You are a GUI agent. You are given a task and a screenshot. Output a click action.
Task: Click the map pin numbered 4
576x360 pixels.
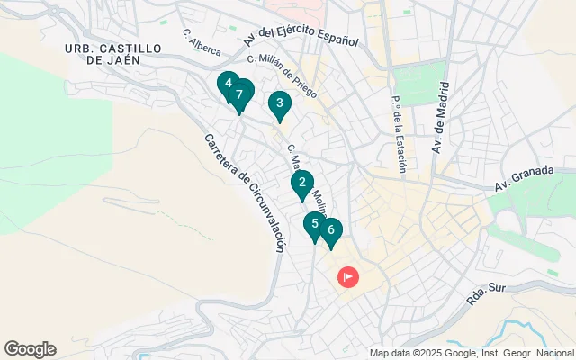(229, 85)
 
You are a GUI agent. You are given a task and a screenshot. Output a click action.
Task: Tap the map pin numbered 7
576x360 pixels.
(239, 94)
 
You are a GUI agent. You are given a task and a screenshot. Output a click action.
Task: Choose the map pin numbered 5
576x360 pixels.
(315, 224)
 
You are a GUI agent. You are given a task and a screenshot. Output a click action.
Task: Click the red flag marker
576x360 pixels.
(347, 277)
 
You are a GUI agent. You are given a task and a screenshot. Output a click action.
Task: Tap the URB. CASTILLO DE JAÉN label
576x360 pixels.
(114, 53)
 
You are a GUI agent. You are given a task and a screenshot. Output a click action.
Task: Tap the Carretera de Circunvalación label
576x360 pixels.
(245, 193)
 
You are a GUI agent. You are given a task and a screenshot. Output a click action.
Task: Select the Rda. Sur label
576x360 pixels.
(492, 292)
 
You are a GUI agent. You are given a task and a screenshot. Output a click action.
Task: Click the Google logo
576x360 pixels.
(30, 349)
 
